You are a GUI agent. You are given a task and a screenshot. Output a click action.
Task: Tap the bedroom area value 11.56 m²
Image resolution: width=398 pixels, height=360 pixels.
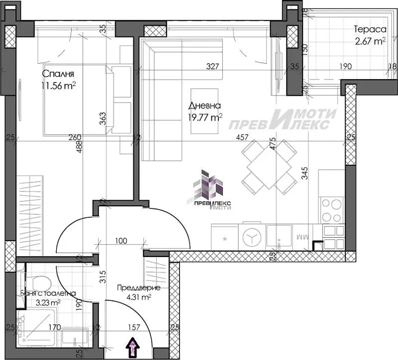[59, 85]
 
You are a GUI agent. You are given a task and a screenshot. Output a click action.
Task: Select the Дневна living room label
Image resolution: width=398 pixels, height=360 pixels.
[204, 105]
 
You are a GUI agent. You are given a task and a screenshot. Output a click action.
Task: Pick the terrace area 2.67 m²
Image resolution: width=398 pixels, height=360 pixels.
[370, 41]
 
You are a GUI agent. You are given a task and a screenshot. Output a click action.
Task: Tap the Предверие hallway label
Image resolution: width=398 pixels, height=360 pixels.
[135, 287]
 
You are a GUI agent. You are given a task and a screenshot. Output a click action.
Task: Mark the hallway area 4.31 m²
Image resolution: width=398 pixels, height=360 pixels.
[134, 298]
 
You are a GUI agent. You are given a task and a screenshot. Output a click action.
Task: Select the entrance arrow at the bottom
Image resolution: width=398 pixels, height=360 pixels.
[134, 346]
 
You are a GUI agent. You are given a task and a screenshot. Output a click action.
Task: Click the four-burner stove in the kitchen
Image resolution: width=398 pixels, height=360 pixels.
[332, 210]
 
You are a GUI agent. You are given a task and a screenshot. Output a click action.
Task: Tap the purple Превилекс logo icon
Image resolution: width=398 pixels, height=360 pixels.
[211, 185]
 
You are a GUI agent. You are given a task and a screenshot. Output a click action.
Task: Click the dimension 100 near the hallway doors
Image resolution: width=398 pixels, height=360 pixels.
[121, 241]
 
